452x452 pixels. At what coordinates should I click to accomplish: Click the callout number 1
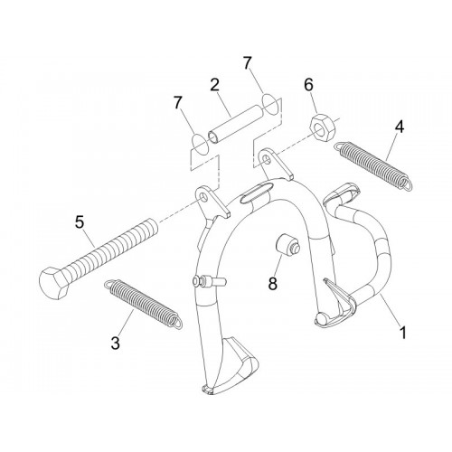point(403,332)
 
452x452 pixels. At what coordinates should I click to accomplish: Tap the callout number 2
point(214,85)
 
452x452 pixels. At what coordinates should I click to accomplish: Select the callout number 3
point(115,343)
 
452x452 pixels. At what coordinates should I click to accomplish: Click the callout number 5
point(80,222)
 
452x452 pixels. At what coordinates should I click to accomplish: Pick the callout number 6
point(308,85)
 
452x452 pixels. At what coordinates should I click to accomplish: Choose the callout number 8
point(272,283)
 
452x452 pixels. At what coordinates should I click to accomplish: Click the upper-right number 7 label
point(247,63)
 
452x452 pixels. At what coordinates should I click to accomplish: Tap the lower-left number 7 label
point(178,103)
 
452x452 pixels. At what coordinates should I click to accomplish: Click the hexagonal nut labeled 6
point(321,128)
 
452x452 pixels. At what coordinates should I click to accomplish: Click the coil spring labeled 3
point(143,304)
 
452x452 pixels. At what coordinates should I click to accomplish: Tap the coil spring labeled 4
point(373,165)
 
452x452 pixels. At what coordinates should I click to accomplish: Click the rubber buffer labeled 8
point(287,245)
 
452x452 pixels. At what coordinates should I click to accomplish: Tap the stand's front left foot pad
point(231,368)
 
